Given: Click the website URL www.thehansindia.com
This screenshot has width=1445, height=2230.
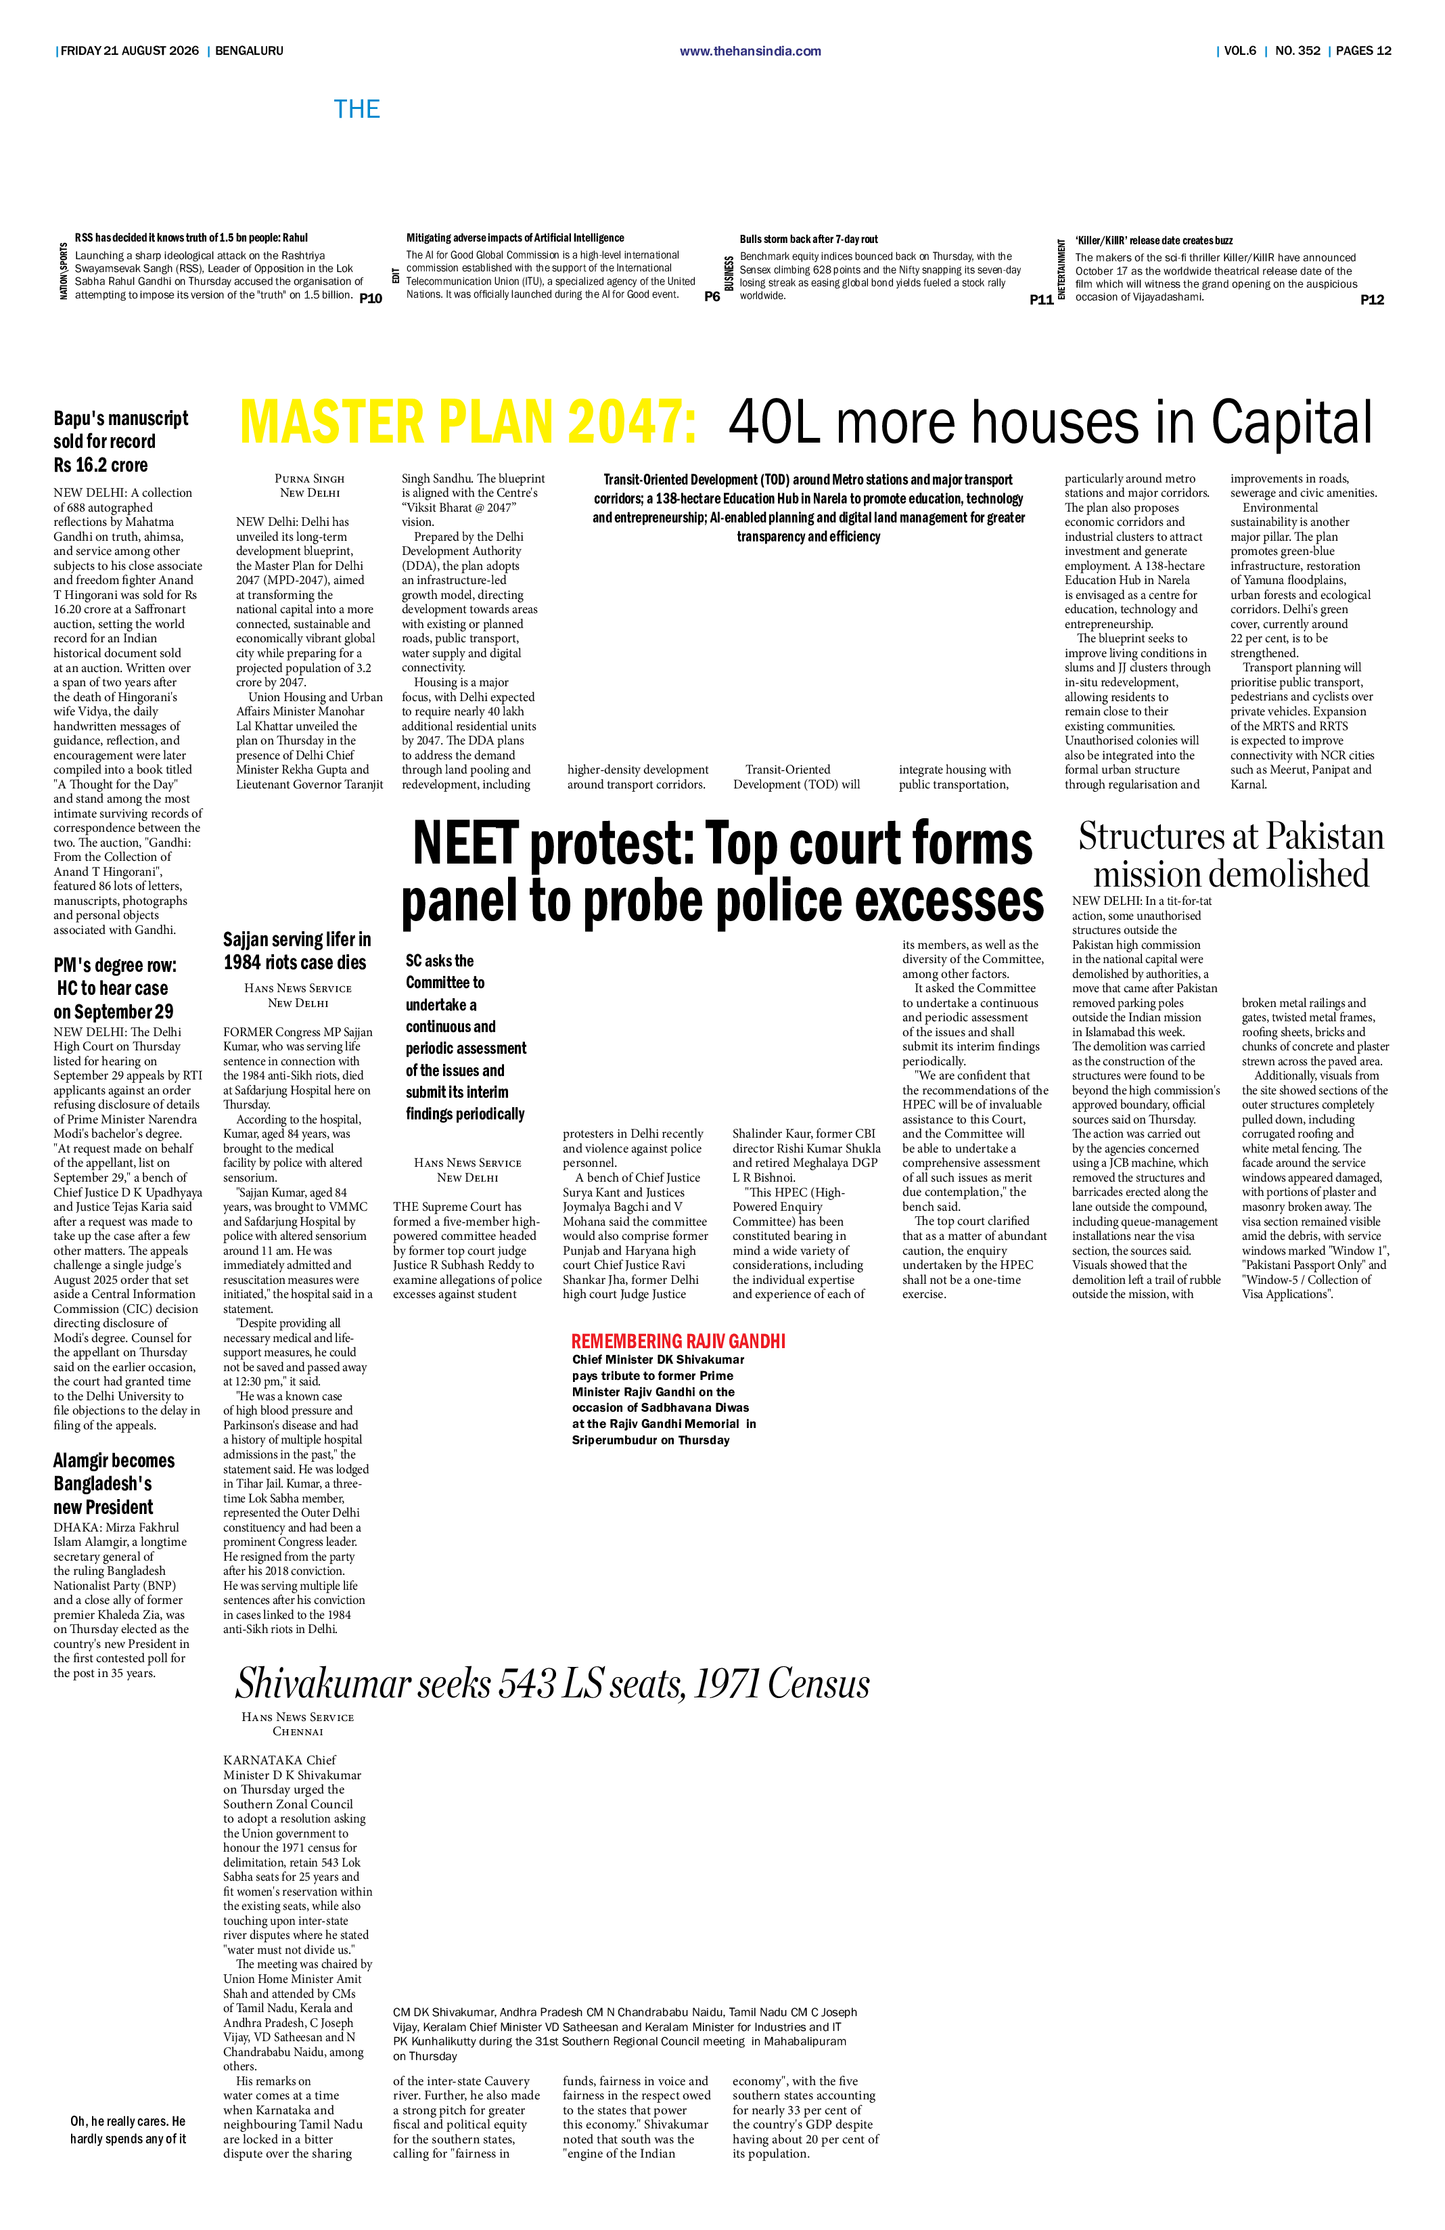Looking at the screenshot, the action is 750,51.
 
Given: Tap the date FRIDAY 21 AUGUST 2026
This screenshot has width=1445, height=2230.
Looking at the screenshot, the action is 129,51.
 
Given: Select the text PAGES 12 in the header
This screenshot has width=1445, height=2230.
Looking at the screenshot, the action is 1364,51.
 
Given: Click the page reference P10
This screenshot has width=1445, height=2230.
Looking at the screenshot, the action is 371,299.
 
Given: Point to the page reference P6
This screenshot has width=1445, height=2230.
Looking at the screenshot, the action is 712,296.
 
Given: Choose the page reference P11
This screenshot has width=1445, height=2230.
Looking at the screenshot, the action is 1041,300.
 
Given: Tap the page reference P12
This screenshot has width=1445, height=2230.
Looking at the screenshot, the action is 1372,300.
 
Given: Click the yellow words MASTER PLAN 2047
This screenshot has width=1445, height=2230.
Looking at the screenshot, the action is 468,422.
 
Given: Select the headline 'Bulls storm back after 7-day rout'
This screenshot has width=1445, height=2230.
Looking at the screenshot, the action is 809,240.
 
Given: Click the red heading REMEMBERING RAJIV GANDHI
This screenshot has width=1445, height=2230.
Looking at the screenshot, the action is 678,1341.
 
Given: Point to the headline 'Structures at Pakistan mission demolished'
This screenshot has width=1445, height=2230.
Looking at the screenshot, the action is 1231,855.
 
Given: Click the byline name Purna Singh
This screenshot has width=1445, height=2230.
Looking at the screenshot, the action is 310,478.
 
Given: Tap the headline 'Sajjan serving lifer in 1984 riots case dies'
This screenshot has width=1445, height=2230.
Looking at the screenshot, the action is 297,951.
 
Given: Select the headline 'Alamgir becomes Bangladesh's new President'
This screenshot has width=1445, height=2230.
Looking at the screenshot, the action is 114,1484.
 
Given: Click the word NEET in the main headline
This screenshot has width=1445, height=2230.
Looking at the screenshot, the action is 465,843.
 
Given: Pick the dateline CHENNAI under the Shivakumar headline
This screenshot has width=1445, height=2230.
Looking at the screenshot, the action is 298,1731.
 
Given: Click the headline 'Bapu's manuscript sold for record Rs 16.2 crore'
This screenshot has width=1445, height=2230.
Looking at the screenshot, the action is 121,441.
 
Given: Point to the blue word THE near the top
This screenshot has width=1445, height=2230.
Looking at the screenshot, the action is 357,110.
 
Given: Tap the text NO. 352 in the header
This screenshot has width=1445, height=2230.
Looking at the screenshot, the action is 1298,51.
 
